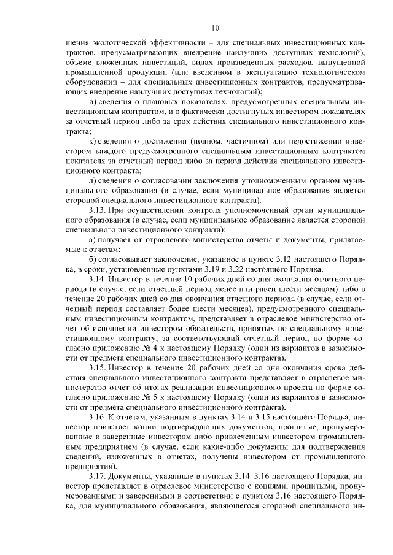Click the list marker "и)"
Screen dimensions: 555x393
point(93,101)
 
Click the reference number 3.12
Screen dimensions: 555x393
point(279,259)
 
